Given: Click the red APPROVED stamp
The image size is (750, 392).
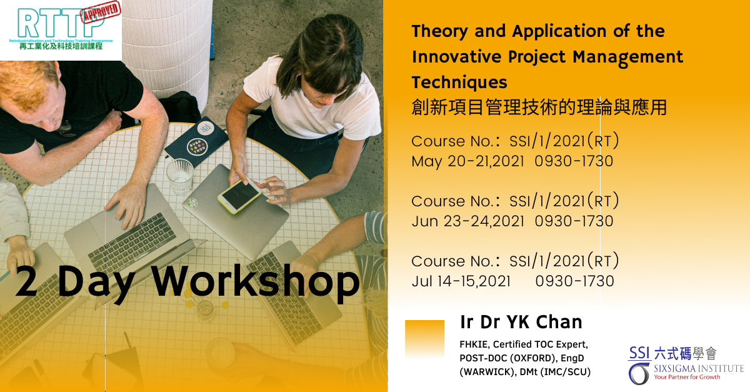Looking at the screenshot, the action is pos(101,12).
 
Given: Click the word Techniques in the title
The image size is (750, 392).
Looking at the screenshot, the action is pos(459,83).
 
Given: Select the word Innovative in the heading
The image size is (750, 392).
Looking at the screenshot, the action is pos(456,57).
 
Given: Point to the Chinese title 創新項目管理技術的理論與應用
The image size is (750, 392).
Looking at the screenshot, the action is pos(539,107).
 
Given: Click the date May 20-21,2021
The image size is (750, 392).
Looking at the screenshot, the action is pos(467,161).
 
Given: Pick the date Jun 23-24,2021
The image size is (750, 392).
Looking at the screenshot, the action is pos(467,221).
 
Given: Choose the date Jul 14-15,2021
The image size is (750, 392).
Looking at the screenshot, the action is pos(461,281).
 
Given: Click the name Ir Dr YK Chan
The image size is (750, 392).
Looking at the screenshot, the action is pos(521,322).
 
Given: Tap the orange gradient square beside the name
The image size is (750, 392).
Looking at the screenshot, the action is pos(424,339).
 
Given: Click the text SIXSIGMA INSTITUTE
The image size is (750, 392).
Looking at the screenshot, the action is pos(699,368).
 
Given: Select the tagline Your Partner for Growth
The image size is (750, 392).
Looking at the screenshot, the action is pos(687,377).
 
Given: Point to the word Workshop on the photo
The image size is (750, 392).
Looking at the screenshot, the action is pos(256,281).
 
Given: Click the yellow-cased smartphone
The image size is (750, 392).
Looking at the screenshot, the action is pos(239,196).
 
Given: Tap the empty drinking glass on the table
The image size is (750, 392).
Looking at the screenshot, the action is pos(180,176).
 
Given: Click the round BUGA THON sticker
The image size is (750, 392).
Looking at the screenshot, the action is pos(197,148).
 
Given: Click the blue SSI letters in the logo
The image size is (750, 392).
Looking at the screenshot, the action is pos(639,353).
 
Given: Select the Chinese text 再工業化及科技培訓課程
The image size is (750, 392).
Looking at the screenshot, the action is pos(61,46).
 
